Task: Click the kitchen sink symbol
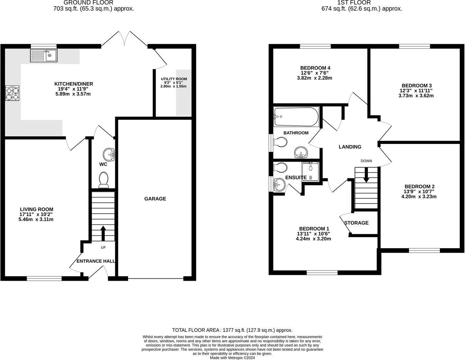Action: pyautogui.click(x=44, y=55)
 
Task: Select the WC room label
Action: pyautogui.click(x=103, y=164)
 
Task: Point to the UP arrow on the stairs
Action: pyautogui.click(x=103, y=234)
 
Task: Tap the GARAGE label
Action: pyautogui.click(x=155, y=199)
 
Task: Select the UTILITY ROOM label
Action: pyautogui.click(x=174, y=79)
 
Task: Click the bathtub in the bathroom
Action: pyautogui.click(x=296, y=117)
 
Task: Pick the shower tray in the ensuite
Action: pyautogui.click(x=310, y=171)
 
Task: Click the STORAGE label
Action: pyautogui.click(x=356, y=223)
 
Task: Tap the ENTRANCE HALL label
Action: pyautogui.click(x=96, y=261)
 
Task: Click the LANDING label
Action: pyautogui.click(x=350, y=147)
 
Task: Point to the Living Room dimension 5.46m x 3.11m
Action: pyautogui.click(x=36, y=219)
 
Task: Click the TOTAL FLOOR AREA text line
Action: pyautogui.click(x=232, y=330)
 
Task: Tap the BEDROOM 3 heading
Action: pyautogui.click(x=417, y=85)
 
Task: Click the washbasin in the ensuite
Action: pyautogui.click(x=279, y=185)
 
